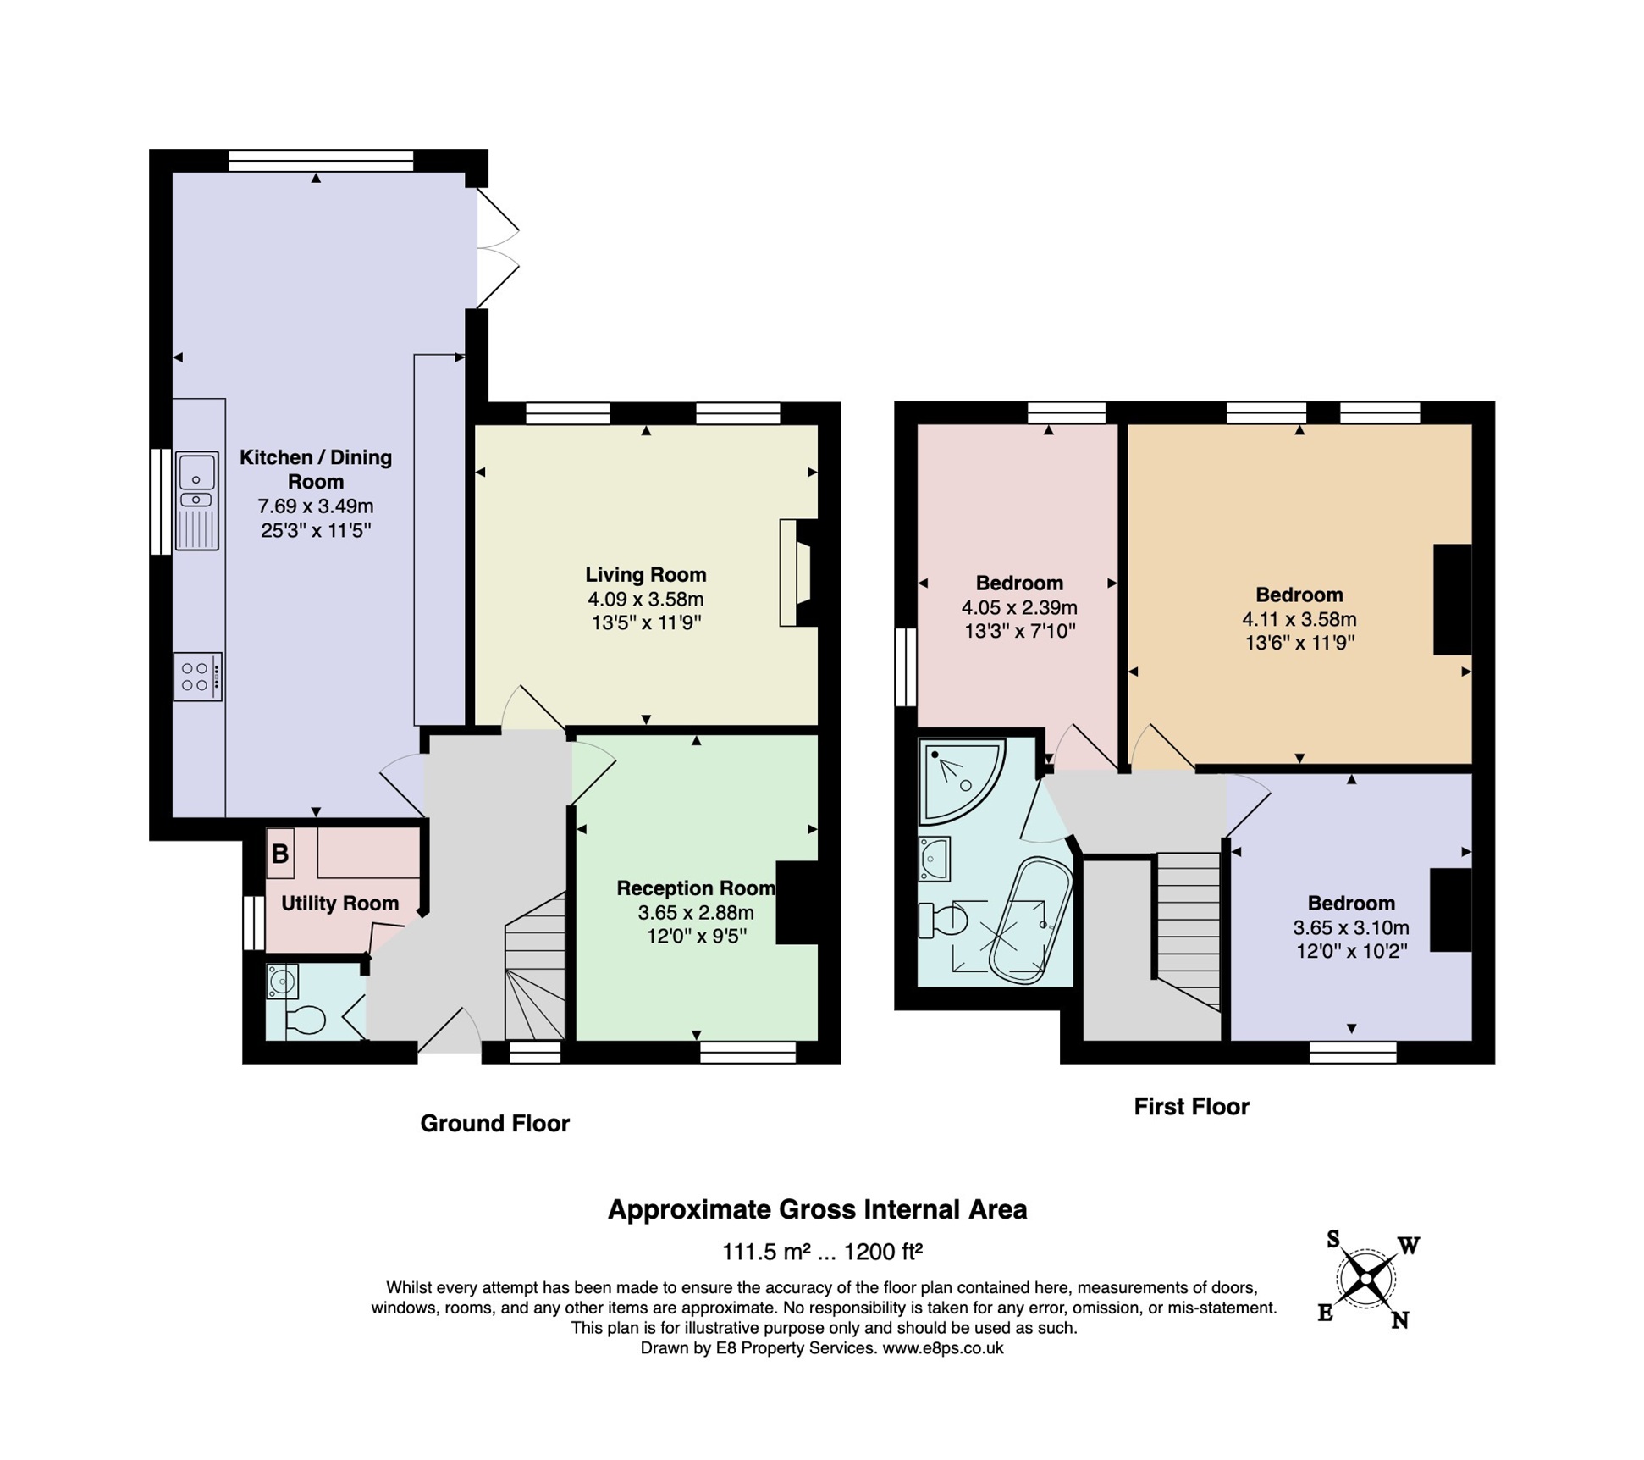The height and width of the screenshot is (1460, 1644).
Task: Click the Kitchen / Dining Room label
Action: coord(316,469)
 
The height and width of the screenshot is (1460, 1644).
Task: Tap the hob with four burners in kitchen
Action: coord(197,676)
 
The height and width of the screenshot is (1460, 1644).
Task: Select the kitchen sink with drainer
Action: coord(197,500)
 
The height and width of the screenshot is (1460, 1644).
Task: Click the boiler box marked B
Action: coord(280,853)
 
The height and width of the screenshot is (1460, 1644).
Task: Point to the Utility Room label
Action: coord(339,903)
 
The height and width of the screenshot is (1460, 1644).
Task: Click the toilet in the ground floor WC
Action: coord(306,1020)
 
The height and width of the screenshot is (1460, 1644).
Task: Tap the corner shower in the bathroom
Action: coord(957,778)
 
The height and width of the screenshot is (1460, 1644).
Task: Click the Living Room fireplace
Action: coord(797,573)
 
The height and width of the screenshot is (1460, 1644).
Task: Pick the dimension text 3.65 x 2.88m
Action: coord(696,912)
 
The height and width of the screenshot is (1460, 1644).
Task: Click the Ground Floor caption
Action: coord(494,1123)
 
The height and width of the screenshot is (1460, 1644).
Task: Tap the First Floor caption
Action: coord(1191,1106)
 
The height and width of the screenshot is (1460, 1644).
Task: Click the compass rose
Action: coord(1365,1279)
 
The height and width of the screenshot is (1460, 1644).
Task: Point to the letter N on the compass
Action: coord(1399,1319)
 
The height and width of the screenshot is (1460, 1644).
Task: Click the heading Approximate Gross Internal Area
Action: coord(817,1209)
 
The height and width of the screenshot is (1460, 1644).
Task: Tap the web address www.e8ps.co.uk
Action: coord(942,1347)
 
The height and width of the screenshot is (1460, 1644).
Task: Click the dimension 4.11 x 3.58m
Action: coord(1299,619)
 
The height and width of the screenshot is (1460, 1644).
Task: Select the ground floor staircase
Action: coord(536,970)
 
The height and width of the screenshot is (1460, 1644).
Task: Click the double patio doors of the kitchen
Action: coord(497,247)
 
